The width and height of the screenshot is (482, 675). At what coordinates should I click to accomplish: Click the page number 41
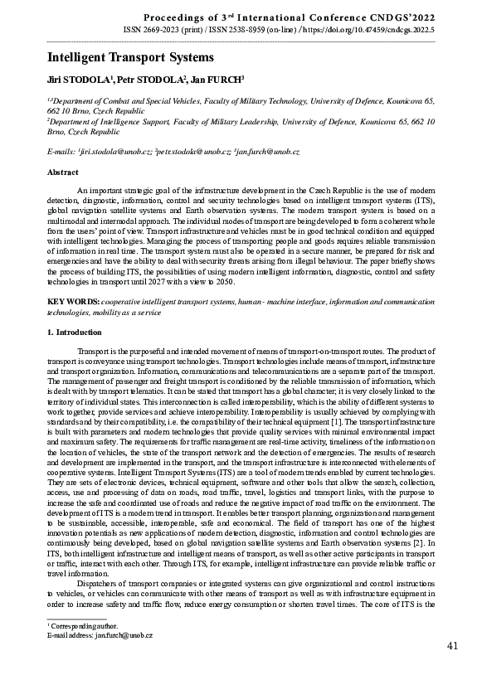453,646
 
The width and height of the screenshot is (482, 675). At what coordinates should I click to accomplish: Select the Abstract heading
62,174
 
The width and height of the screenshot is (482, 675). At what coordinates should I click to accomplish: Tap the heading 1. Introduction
74,333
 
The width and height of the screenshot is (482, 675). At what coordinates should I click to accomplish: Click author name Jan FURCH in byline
215,81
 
